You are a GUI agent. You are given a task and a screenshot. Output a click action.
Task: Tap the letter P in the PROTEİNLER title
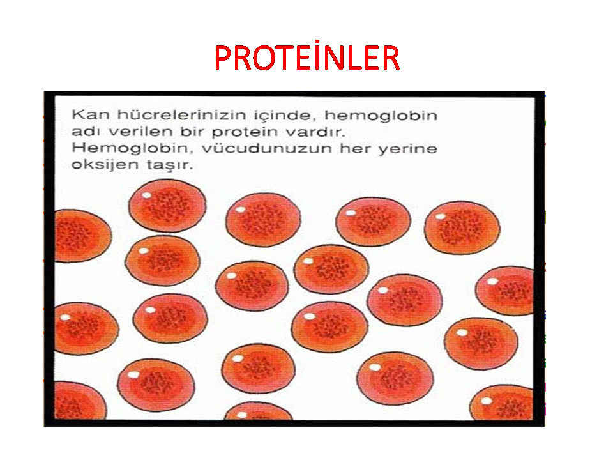coord(223,58)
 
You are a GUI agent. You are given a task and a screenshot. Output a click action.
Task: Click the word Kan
coord(90,115)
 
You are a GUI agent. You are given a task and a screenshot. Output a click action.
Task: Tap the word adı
coord(86,132)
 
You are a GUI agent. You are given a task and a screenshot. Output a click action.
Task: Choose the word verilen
coord(140,132)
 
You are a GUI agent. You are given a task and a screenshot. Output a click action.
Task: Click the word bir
coord(192,132)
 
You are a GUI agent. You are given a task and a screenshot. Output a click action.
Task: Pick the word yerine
coord(407,149)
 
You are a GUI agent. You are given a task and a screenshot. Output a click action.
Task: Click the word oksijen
coord(105,165)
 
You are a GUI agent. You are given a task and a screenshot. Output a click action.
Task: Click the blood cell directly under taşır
coord(167,205)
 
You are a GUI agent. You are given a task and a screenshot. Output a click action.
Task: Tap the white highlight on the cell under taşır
coord(147,195)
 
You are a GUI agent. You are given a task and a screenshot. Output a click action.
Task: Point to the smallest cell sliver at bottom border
coord(258,411)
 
